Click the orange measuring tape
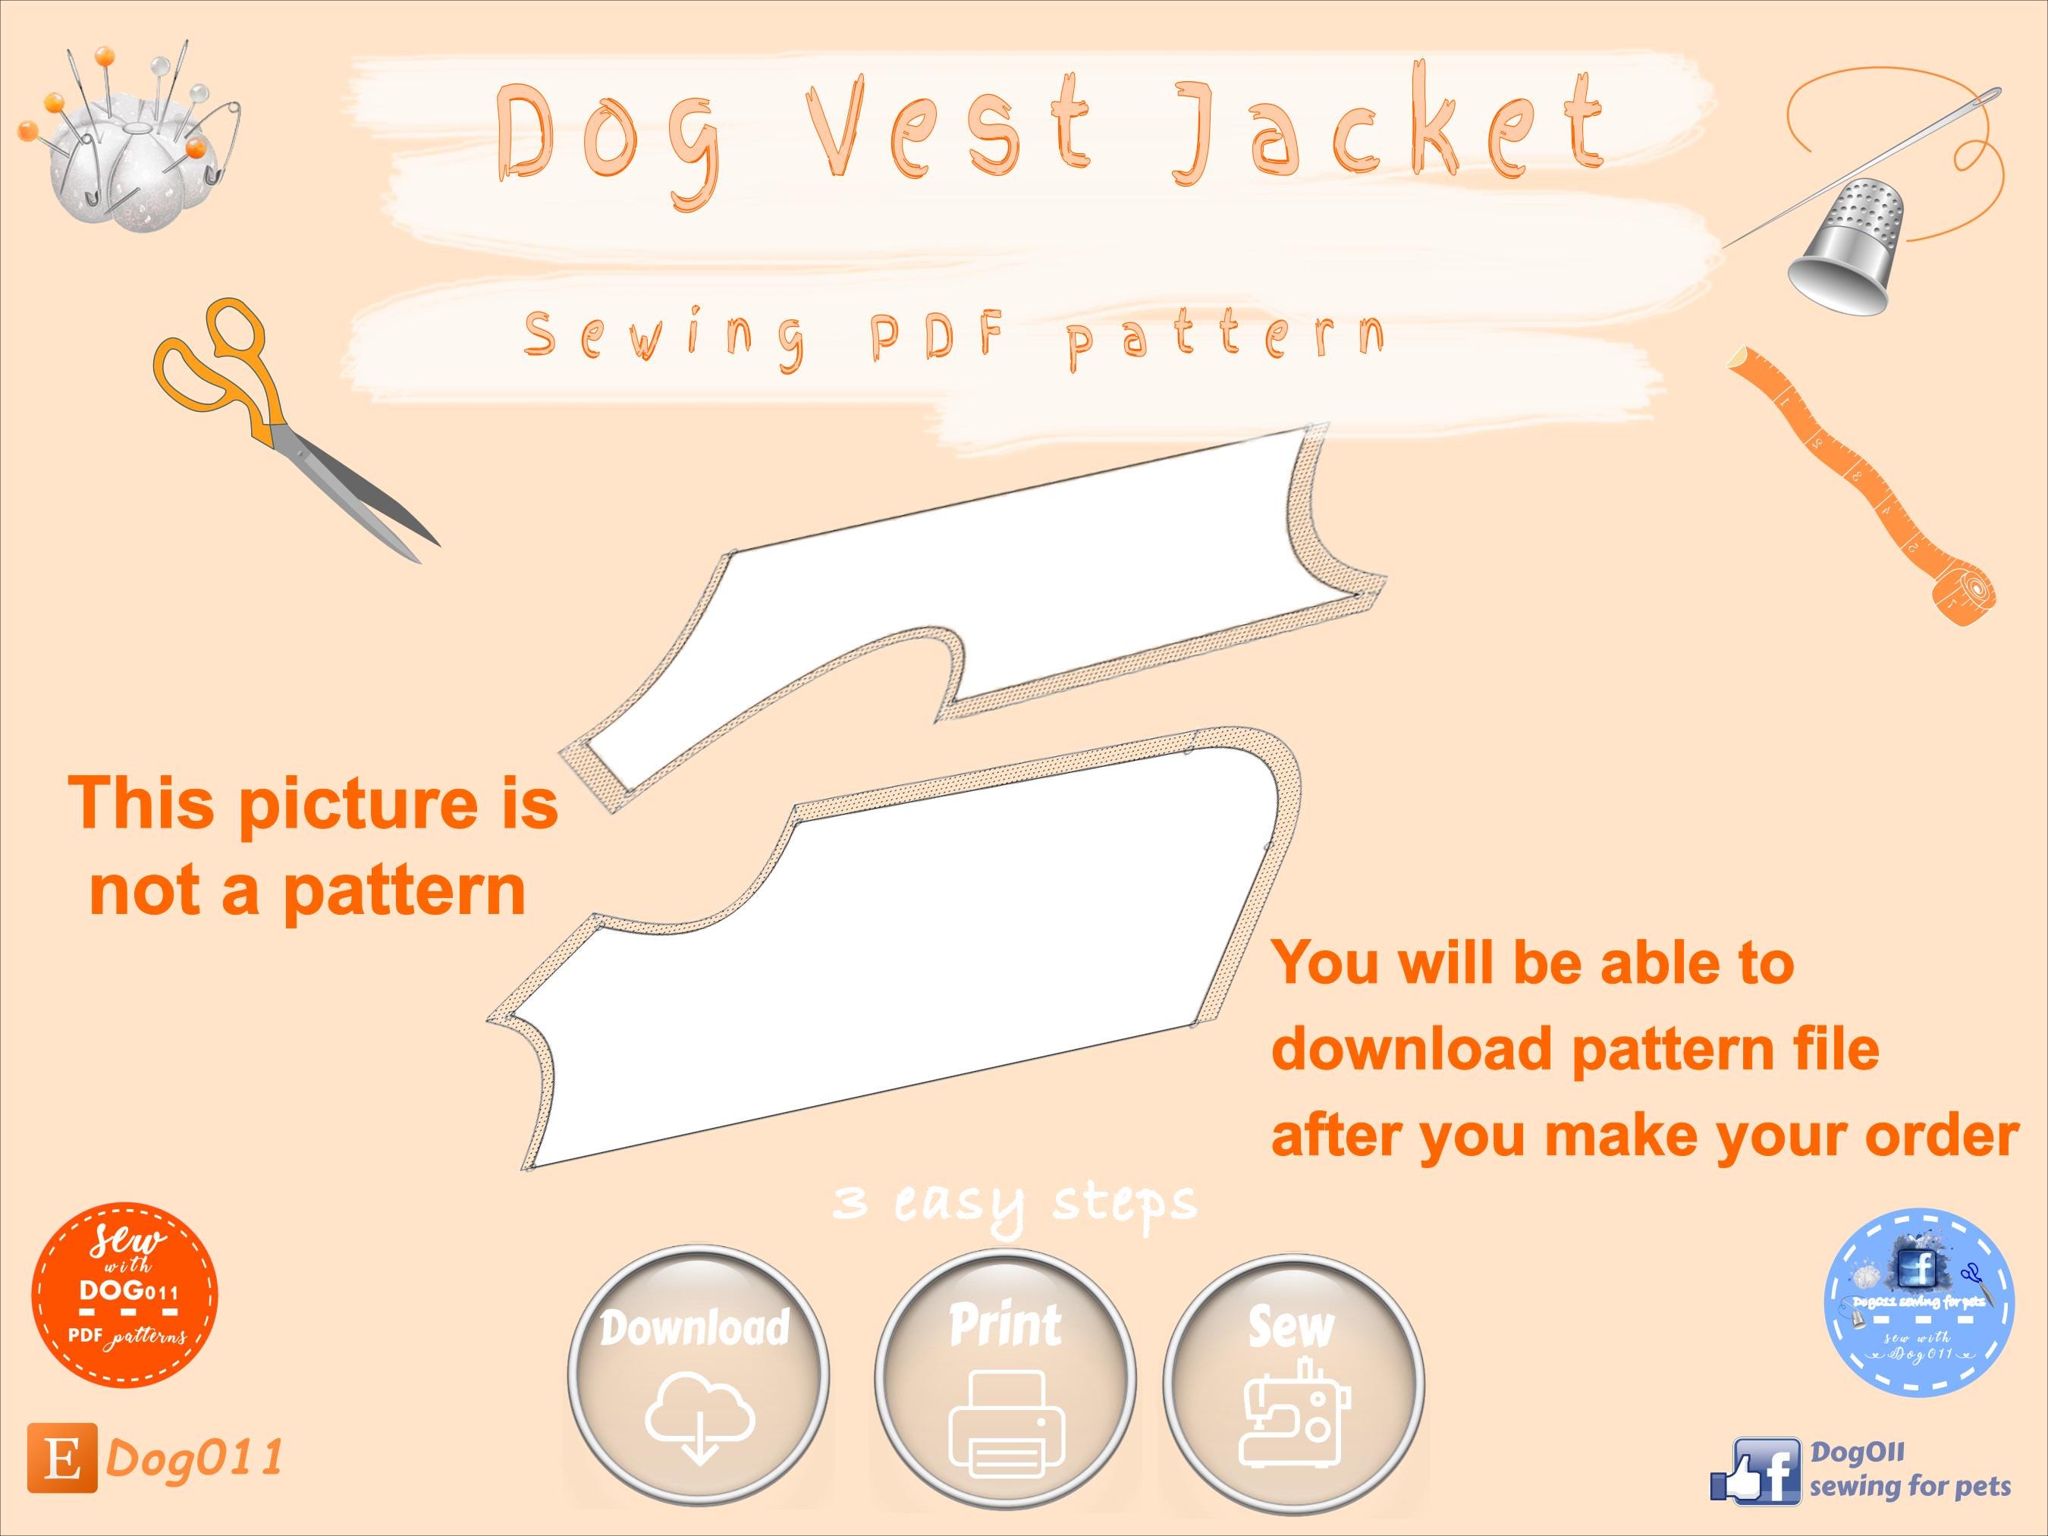1871,491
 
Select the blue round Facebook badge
1918,1302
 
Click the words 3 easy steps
1014,1205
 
